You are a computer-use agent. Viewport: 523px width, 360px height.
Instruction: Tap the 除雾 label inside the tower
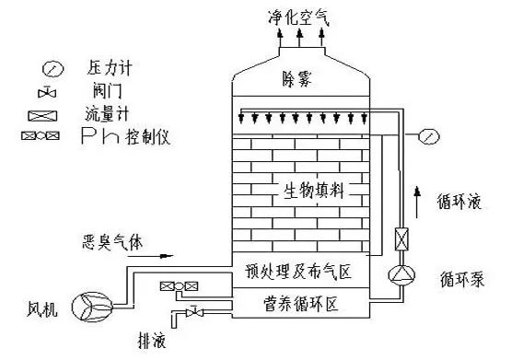click(298, 80)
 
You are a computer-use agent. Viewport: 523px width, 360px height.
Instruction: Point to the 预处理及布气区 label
click(299, 273)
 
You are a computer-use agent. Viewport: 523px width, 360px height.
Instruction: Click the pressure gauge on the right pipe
click(427, 136)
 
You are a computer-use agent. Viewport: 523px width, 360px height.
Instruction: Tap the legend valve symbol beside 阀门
click(52, 93)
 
